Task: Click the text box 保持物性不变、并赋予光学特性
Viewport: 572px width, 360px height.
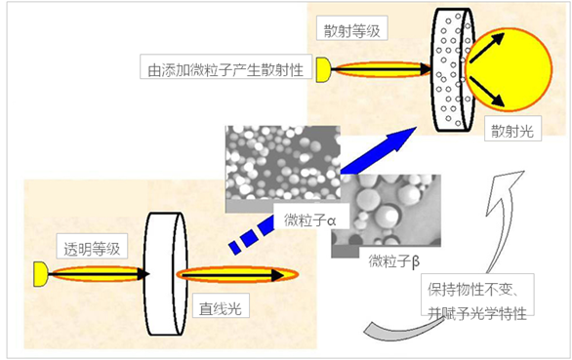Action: point(478,301)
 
